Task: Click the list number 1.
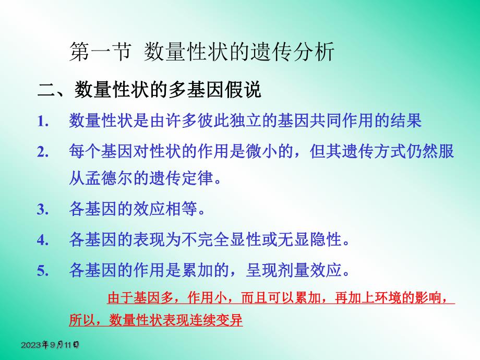tap(43, 122)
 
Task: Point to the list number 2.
tap(43, 152)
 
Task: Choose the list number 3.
tap(43, 210)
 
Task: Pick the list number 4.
tap(43, 241)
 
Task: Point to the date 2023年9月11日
tap(50, 345)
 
